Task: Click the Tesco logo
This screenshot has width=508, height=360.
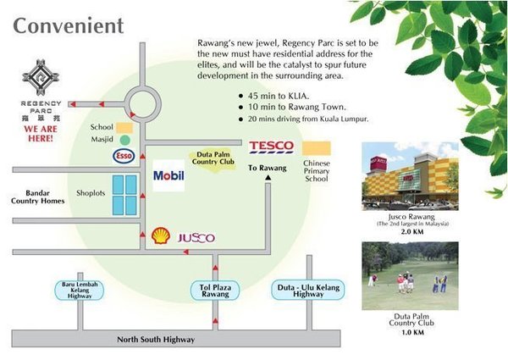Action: pos(271,147)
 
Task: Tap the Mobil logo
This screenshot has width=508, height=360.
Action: pos(168,175)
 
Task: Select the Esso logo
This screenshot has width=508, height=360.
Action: pos(124,155)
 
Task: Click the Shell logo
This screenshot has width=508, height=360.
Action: pos(160,236)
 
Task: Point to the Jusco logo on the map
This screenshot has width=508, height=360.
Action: pos(196,238)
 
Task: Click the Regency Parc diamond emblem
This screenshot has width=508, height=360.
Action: pos(40,79)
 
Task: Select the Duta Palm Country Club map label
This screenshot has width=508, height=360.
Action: pos(212,158)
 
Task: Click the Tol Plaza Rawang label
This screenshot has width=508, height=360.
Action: pos(215,291)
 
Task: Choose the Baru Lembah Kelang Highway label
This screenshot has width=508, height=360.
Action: pos(80,290)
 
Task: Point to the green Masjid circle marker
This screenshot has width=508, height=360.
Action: pos(125,138)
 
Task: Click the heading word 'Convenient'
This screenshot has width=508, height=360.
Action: pos(68,25)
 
